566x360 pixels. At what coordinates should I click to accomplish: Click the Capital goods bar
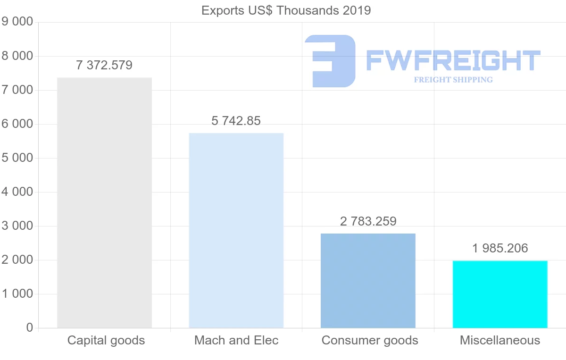coord(104,203)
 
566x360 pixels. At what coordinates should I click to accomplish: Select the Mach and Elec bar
coord(236,231)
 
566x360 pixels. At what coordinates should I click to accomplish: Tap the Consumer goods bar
coord(368,281)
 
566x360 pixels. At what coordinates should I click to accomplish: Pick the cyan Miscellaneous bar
coord(500,294)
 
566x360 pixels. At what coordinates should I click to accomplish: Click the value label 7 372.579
coord(104,65)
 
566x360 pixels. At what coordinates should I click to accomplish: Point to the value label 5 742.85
coord(236,121)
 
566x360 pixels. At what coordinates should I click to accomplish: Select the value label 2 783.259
coord(368,221)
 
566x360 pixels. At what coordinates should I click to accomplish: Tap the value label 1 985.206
coord(500,248)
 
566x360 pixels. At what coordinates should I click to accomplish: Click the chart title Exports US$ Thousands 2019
coord(286,10)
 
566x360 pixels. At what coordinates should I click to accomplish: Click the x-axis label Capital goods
coord(106,340)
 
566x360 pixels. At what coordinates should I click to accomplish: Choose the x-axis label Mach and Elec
coord(236,340)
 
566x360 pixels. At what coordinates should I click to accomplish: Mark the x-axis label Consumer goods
coord(370,340)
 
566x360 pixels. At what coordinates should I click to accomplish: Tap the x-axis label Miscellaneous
coord(500,340)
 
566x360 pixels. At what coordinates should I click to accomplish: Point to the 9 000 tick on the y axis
coord(17,22)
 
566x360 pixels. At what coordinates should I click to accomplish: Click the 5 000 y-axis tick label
coord(17,158)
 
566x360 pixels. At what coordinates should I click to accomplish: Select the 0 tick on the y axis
coord(30,328)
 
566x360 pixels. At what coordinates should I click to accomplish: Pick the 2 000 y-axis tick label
coord(17,260)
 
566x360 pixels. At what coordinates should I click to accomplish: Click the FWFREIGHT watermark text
coord(453,60)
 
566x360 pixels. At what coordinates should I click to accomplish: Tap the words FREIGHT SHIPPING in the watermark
coord(453,80)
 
